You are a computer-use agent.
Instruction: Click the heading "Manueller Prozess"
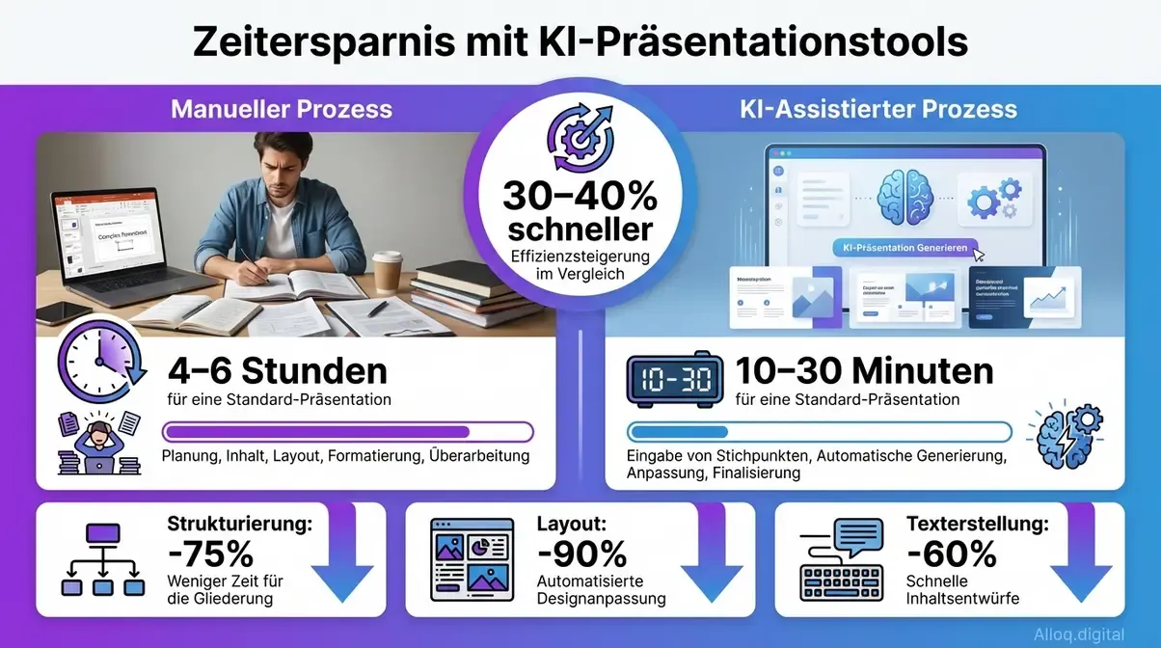pyautogui.click(x=282, y=108)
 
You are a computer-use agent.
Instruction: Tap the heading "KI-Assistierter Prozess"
pyautogui.click(x=877, y=108)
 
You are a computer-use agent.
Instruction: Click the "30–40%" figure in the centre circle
pyautogui.click(x=580, y=198)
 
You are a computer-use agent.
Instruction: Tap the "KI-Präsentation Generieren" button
pyautogui.click(x=904, y=248)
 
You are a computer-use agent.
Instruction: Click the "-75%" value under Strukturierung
pyautogui.click(x=210, y=553)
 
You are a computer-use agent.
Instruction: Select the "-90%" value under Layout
pyautogui.click(x=581, y=553)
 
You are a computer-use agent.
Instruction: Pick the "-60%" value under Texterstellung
pyautogui.click(x=951, y=553)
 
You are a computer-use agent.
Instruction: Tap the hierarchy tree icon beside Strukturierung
pyautogui.click(x=102, y=558)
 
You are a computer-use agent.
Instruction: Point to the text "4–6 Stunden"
pyautogui.click(x=278, y=370)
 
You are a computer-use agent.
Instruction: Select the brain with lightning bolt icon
pyautogui.click(x=1064, y=436)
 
